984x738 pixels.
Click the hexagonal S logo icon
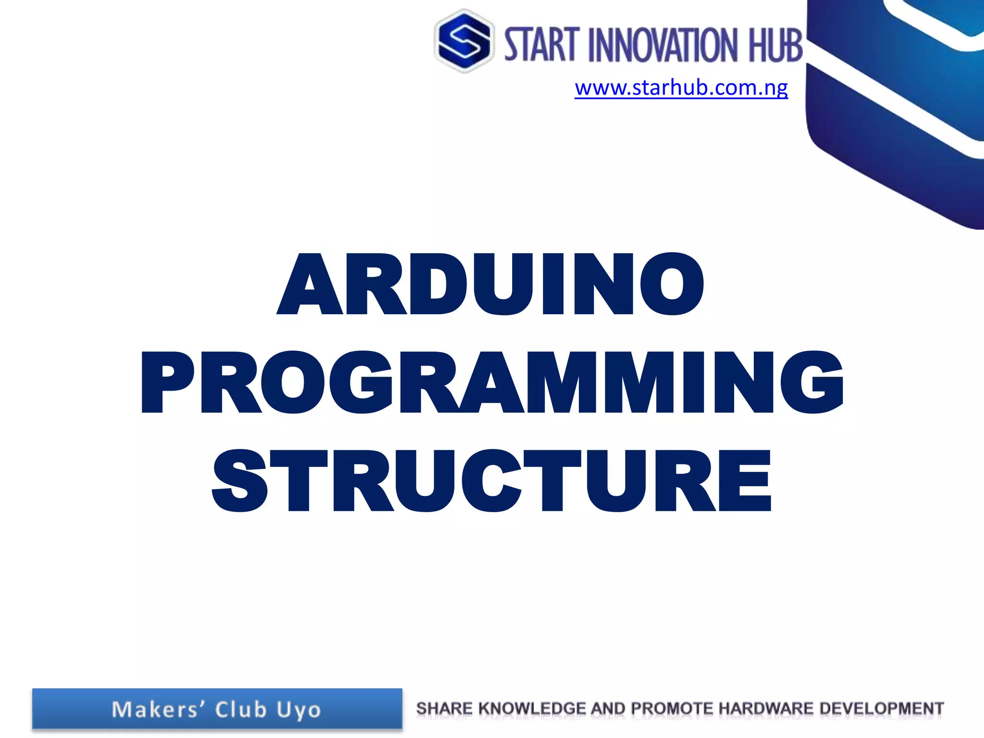[464, 41]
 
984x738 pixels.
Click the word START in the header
[540, 44]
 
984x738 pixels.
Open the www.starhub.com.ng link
[681, 88]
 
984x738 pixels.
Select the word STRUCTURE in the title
[491, 481]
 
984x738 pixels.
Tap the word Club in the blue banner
[241, 710]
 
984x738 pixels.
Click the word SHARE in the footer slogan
[444, 708]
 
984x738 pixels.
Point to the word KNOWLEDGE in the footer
[532, 708]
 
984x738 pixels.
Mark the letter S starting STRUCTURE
[239, 481]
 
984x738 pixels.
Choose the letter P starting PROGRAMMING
[168, 383]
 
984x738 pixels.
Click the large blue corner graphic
[898, 111]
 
